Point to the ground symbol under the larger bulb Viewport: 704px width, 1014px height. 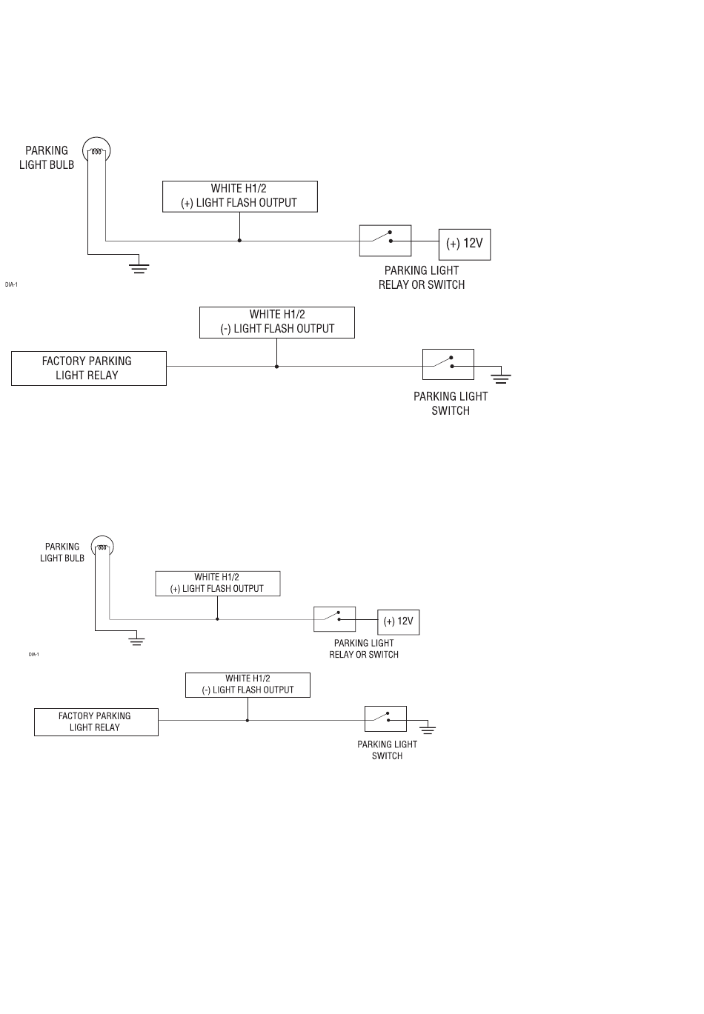[x=139, y=268]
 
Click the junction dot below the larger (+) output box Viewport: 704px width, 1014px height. [x=239, y=241]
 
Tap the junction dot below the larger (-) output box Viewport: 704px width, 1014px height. [x=277, y=366]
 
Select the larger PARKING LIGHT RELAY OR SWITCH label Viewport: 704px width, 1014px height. [x=422, y=278]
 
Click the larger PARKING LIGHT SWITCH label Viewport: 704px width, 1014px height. [x=451, y=404]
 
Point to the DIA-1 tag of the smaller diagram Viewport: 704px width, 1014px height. [x=33, y=654]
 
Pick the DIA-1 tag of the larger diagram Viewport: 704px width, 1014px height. [x=11, y=284]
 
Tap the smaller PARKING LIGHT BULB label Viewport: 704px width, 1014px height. [x=62, y=553]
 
